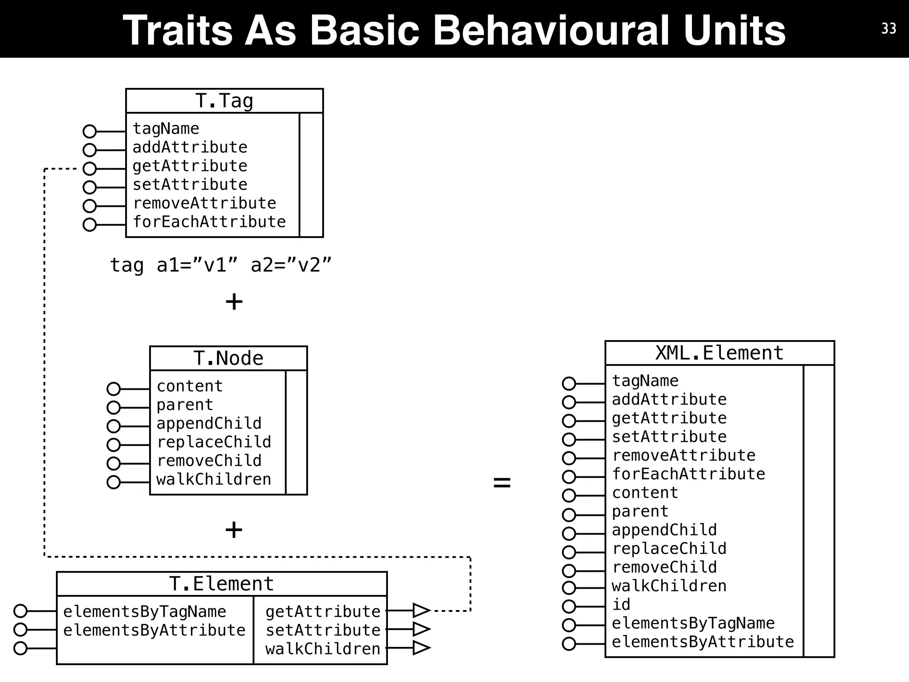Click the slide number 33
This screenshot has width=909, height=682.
[x=889, y=28]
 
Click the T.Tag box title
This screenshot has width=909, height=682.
[x=224, y=101]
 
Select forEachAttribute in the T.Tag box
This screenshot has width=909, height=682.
[x=209, y=222]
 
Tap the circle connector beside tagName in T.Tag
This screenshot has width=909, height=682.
[x=90, y=131]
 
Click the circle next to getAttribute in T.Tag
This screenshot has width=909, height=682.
[x=90, y=169]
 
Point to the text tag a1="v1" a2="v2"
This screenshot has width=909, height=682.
[x=221, y=265]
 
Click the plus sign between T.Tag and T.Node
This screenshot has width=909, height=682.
[x=234, y=302]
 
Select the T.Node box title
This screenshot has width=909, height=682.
[x=228, y=358]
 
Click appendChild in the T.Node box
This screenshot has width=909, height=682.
[x=209, y=423]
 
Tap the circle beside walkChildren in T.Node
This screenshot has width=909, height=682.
[x=114, y=482]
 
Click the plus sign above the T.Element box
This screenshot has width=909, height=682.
[x=234, y=530]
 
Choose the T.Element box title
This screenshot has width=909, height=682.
[x=221, y=584]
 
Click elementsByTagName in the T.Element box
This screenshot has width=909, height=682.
[x=145, y=611]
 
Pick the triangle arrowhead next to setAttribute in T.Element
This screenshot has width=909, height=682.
[x=421, y=629]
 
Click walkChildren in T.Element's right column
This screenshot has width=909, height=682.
[x=323, y=649]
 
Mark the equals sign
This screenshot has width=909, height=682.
[x=502, y=482]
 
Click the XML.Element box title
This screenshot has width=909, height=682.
[x=719, y=353]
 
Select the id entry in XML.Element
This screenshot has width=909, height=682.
[x=621, y=604]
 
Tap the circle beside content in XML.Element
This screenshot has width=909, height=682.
[x=569, y=496]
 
